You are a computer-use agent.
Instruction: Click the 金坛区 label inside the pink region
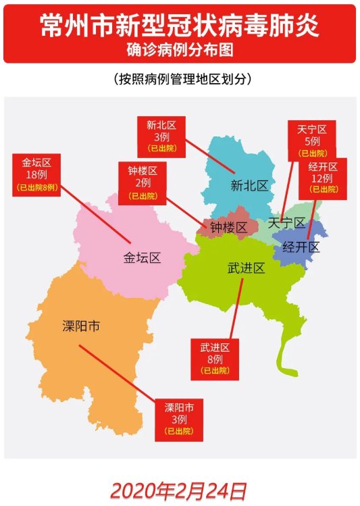coord(142,257)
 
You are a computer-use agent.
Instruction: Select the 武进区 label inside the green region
coord(246,268)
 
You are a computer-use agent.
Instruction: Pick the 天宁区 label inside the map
coord(286,222)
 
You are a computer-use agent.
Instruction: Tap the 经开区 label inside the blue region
coord(301,247)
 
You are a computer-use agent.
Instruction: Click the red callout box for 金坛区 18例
coord(36,174)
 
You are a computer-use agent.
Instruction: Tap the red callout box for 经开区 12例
coord(323,178)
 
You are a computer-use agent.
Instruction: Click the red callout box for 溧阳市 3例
coord(179,419)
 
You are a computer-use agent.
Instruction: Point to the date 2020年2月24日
coord(179,490)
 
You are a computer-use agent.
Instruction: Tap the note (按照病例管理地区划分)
coord(180,79)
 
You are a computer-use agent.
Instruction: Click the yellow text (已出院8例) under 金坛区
coord(37,186)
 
